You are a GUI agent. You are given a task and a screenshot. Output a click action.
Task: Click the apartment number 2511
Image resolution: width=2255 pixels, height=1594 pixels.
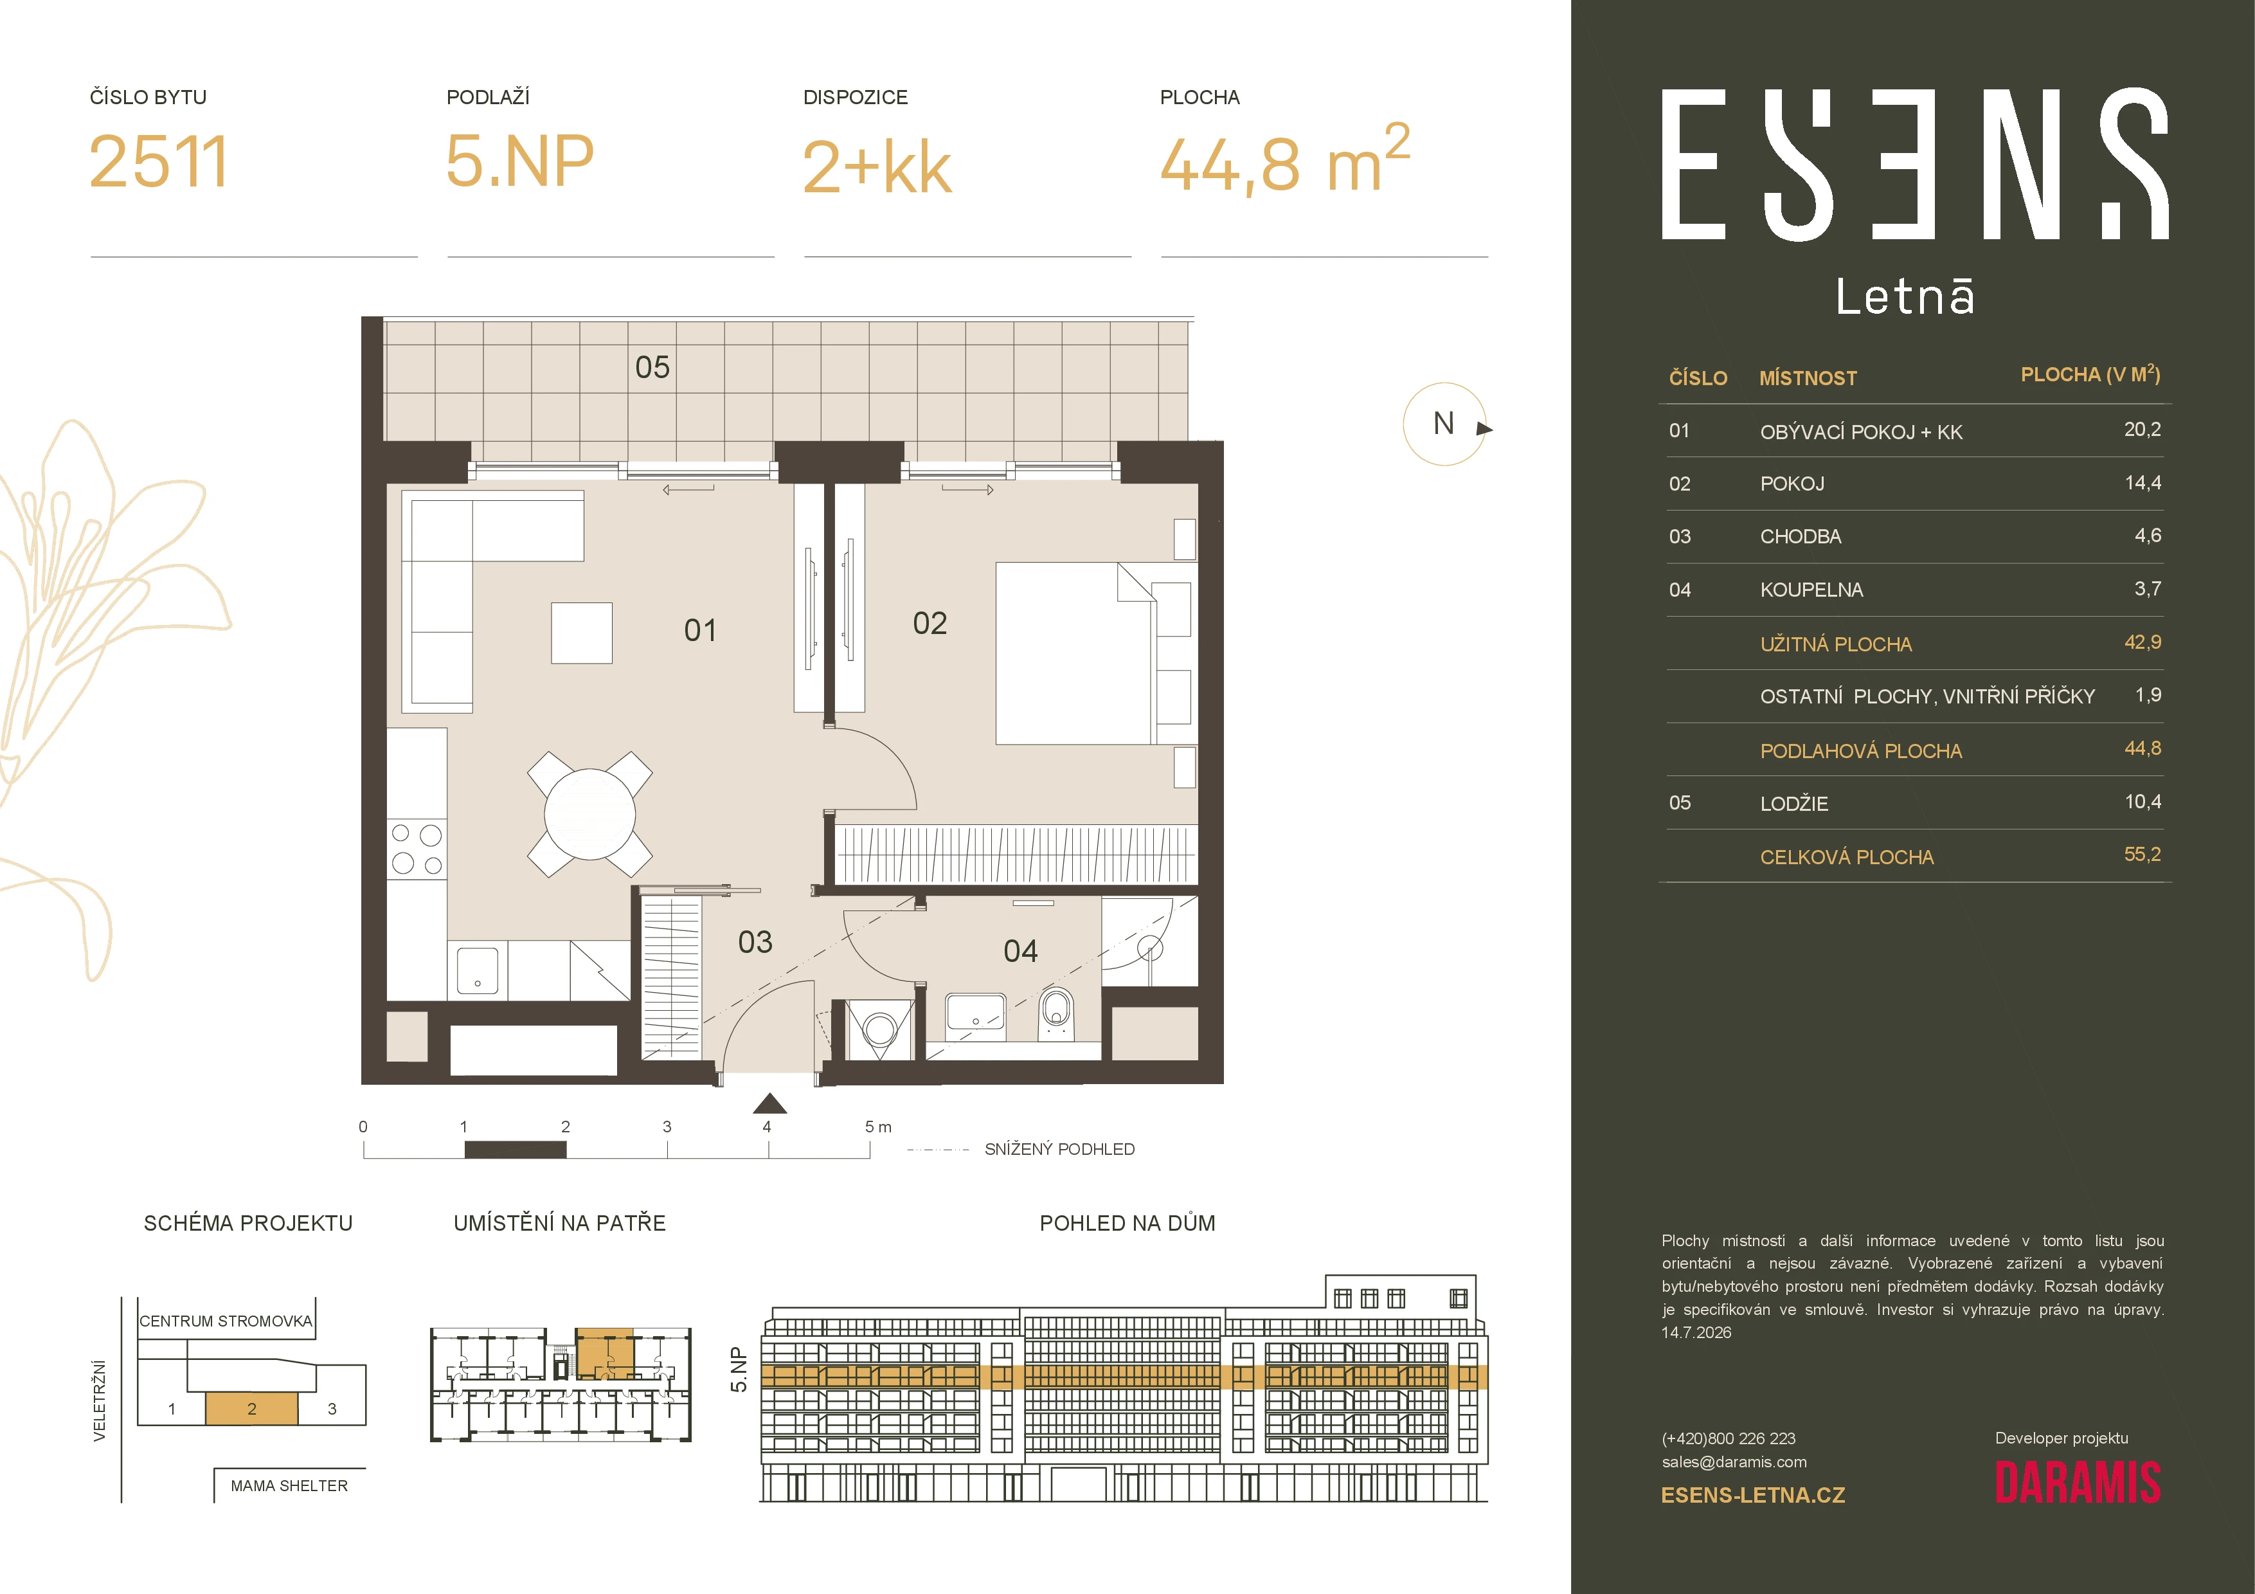[158, 162]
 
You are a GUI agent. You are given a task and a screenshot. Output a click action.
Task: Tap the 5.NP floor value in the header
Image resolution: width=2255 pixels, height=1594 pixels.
[519, 161]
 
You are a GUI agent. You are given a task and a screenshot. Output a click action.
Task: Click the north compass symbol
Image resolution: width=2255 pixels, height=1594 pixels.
[1445, 424]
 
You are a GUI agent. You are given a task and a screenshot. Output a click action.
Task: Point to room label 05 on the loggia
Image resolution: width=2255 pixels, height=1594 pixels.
[652, 367]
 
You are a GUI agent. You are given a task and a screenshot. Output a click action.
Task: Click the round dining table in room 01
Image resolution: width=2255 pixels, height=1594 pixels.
[589, 814]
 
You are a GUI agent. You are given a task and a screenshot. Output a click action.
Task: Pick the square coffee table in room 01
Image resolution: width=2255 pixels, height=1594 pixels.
[582, 633]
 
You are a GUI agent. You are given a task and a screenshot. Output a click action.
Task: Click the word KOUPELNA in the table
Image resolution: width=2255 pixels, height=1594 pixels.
[1811, 589]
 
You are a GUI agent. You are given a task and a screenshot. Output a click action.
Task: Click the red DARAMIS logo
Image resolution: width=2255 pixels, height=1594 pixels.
[2077, 1483]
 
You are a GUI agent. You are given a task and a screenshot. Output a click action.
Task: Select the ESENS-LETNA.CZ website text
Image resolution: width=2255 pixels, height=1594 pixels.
[1753, 1496]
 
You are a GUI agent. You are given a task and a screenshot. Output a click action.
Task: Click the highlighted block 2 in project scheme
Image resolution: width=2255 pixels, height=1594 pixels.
[251, 1408]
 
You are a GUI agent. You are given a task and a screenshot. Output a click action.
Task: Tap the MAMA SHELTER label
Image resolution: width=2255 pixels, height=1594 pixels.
[289, 1486]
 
